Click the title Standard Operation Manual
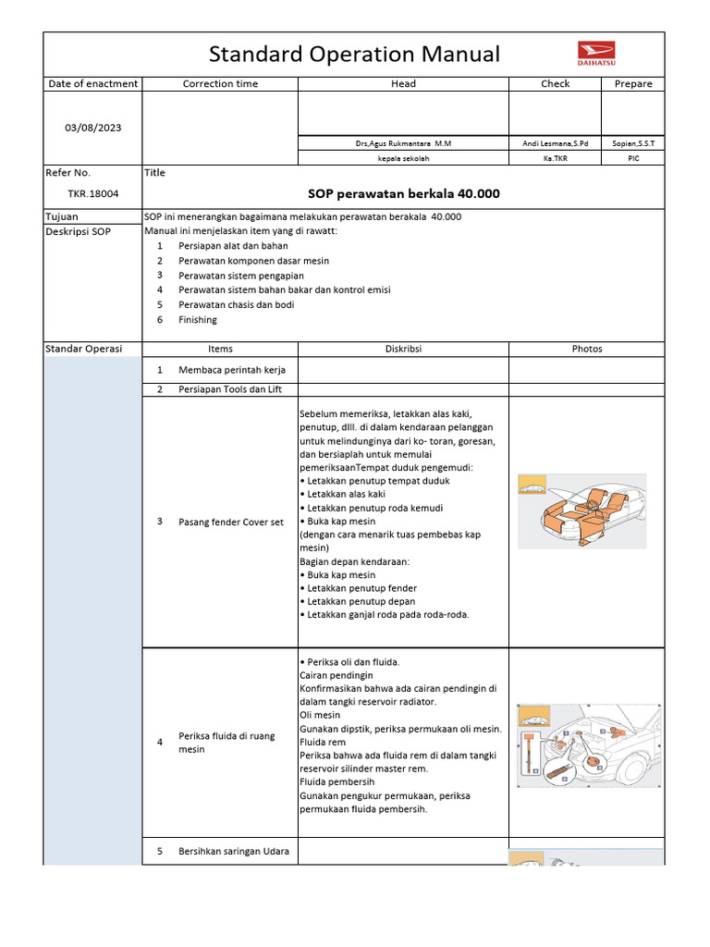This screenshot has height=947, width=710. coord(354,55)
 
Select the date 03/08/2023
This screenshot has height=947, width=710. coord(92,128)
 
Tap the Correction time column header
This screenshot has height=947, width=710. coord(220,84)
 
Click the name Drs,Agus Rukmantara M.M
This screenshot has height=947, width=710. coord(403,144)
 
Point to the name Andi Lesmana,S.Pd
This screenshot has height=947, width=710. coord(555,144)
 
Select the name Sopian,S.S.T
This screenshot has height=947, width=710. coord(633,144)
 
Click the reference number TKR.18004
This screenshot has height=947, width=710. coord(92,194)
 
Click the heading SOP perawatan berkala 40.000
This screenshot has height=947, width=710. coord(403,194)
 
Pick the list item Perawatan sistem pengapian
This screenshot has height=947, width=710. coord(240,276)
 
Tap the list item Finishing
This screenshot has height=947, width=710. coord(198,320)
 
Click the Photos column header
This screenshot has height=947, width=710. coord(586,350)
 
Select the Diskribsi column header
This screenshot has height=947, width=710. coord(403,350)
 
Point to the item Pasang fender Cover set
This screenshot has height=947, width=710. coord(231,523)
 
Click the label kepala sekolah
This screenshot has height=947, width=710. coord(403,159)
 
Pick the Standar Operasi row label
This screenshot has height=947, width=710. coord(83,350)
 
